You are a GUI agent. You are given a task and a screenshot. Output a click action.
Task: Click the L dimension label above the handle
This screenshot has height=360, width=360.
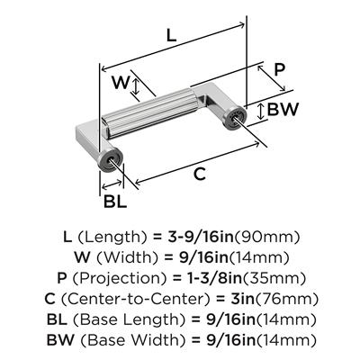tap(171, 36)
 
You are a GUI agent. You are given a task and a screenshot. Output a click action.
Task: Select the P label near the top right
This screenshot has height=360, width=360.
tap(279, 70)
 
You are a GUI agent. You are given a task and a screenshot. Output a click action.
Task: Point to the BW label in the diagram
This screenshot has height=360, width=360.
tap(283, 110)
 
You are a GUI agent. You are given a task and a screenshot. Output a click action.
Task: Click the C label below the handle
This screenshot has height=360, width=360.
tap(200, 174)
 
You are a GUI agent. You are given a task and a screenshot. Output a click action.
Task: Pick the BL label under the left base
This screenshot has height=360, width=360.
tap(115, 202)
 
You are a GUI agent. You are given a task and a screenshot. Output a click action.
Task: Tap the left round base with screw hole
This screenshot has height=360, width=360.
tap(110, 160)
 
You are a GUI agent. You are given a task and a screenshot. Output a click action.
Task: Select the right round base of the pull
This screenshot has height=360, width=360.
tap(235, 117)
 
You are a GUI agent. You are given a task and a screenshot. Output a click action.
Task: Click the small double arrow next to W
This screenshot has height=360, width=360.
tap(136, 85)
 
